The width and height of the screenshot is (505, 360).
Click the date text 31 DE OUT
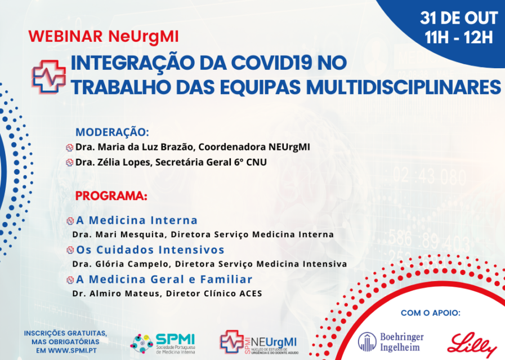[459, 18]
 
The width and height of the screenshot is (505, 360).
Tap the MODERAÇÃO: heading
[112, 132]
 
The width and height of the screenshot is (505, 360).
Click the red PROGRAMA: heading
[111, 197]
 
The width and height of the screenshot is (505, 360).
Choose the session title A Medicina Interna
[137, 220]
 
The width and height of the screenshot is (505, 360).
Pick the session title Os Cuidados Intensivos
[150, 250]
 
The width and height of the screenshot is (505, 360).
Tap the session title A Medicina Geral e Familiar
[164, 279]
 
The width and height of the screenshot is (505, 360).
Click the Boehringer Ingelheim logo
[391, 341]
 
